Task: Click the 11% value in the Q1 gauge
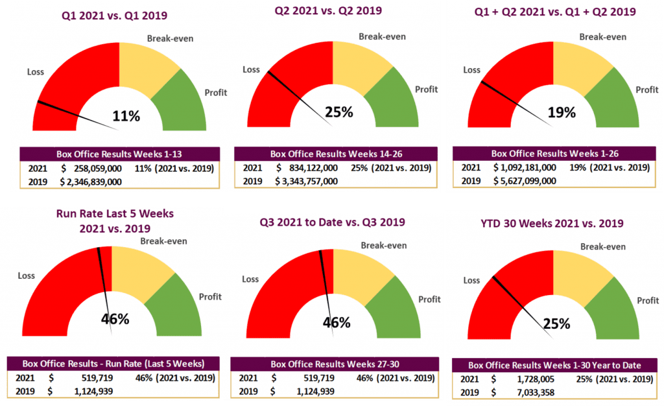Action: (x=126, y=117)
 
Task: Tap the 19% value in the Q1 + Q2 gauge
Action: (x=561, y=112)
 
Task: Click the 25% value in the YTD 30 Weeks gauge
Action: (x=556, y=323)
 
